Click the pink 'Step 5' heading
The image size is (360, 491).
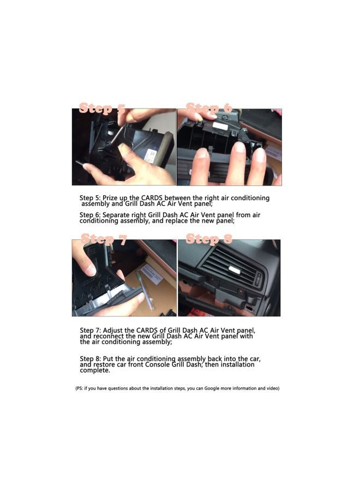(102, 108)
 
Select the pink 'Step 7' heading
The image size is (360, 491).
(104, 239)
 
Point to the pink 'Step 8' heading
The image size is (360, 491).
(209, 239)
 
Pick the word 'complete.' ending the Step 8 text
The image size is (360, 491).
(95, 370)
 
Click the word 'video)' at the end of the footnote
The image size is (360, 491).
(272, 388)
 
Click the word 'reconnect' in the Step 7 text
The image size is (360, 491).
(109, 337)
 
